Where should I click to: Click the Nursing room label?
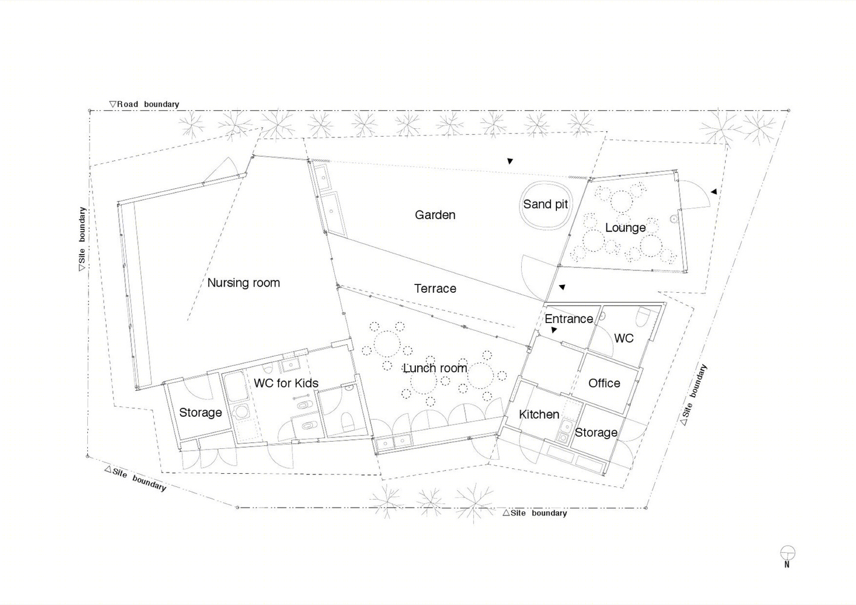[x=243, y=283]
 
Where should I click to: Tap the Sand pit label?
[x=545, y=204]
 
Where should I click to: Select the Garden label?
[x=435, y=215]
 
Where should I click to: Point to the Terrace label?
[x=435, y=289]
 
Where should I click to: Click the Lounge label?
[x=625, y=227]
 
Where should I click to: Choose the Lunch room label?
[x=435, y=368]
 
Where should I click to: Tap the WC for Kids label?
[x=286, y=383]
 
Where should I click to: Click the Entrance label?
[x=568, y=319]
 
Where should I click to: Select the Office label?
[x=604, y=383]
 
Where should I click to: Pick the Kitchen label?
[x=539, y=414]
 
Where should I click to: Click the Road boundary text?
[x=144, y=104]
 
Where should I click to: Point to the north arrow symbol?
[x=787, y=557]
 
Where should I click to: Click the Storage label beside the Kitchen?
[x=596, y=433]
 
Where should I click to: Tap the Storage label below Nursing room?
[x=200, y=413]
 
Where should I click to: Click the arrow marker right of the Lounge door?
[x=714, y=192]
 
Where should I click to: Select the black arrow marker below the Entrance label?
[x=554, y=330]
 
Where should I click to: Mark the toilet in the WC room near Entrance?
[x=644, y=316]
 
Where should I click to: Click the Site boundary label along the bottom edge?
[x=535, y=513]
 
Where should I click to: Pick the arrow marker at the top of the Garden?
[x=510, y=161]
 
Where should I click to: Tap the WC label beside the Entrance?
[x=624, y=338]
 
